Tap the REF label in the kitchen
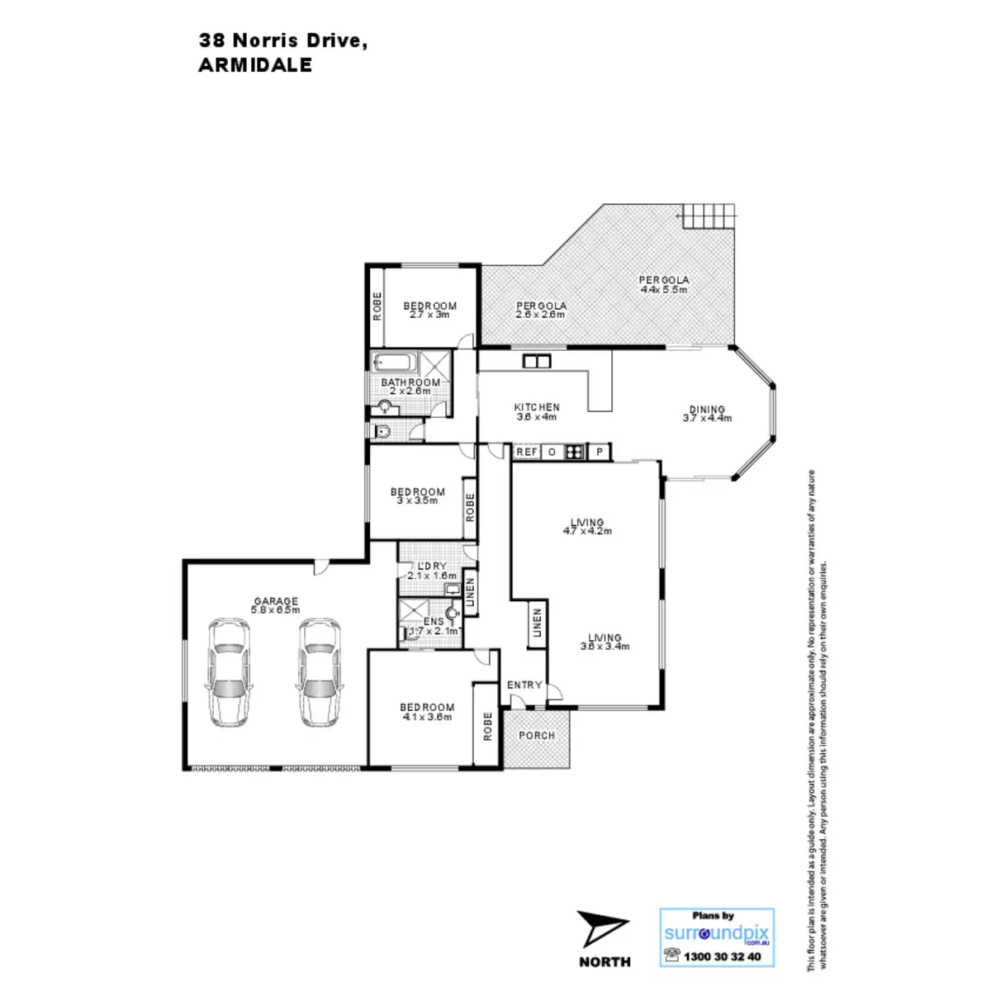point(526,452)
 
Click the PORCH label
point(538,735)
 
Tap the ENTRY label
point(524,685)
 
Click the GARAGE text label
point(276,601)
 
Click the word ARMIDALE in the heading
point(255,67)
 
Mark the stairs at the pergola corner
point(707,217)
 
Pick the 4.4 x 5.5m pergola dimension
point(664,290)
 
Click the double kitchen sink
point(536,361)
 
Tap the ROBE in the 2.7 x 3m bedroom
point(377,307)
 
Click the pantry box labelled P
point(600,452)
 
